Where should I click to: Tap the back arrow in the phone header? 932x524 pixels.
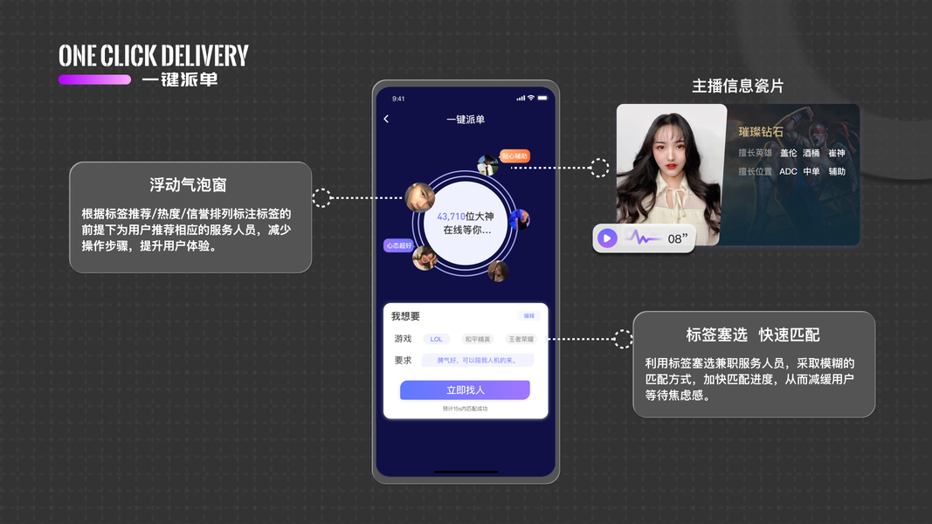pos(386,119)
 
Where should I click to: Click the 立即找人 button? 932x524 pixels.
pos(465,390)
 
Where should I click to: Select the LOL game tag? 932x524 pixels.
pos(437,339)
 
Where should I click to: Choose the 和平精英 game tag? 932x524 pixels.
pos(478,339)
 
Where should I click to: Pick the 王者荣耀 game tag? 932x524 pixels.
pos(521,339)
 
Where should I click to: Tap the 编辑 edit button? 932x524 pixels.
pos(528,316)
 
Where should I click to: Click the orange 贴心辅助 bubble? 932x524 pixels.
pos(514,156)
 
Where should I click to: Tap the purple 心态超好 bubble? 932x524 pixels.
pos(398,246)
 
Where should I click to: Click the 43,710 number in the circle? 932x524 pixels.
pos(452,217)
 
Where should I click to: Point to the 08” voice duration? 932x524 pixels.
pos(678,238)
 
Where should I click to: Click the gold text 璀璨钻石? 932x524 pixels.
pos(761,132)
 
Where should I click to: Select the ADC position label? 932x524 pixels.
pos(788,172)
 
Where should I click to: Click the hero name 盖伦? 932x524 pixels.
pos(788,153)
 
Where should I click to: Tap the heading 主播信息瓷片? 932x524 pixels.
pos(738,86)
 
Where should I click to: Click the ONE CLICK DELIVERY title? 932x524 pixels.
pos(154,57)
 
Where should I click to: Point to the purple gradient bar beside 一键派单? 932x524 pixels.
pos(94,79)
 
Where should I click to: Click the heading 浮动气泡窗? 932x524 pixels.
pos(189,185)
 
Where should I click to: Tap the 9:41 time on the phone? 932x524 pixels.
pos(398,99)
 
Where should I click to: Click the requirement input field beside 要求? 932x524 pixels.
pos(477,360)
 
